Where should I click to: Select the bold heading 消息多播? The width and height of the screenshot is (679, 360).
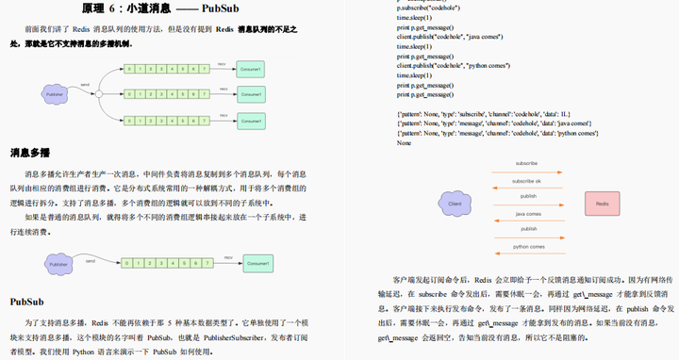31,153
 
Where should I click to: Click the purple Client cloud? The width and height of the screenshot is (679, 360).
454,203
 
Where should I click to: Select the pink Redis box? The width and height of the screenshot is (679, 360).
600,204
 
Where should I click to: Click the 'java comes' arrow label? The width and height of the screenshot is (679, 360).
527,213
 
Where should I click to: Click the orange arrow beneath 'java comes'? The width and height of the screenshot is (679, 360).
527,220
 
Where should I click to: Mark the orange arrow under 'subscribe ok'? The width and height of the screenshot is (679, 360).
527,187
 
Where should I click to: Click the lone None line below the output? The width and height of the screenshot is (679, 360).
404,143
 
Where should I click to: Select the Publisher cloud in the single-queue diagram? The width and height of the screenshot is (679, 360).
58,265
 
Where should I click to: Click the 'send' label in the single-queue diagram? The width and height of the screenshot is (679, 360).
90,259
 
